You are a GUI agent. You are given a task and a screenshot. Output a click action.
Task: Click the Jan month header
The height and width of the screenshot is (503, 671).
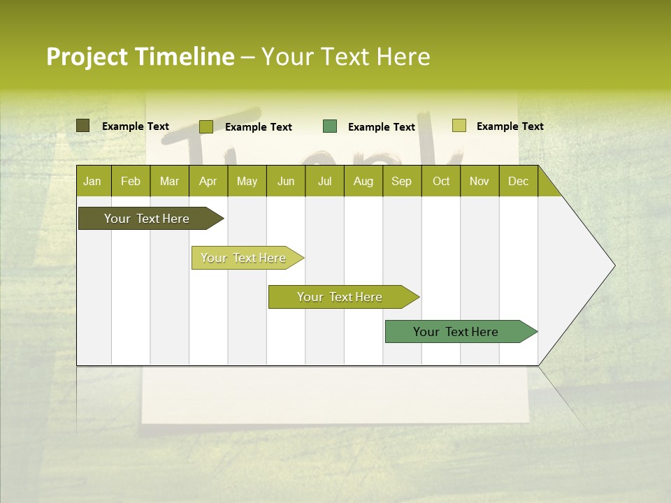click(92, 181)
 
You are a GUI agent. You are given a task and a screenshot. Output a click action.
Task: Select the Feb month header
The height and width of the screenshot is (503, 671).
click(131, 181)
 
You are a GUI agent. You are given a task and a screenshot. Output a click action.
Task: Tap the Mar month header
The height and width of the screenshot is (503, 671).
click(169, 181)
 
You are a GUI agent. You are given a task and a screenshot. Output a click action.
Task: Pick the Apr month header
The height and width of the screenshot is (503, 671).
click(208, 181)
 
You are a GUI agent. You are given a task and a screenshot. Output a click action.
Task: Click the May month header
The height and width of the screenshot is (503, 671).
click(247, 181)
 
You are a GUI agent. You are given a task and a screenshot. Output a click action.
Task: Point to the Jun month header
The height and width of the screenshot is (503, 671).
click(286, 181)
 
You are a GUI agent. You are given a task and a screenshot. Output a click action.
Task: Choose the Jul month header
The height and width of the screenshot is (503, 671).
click(324, 181)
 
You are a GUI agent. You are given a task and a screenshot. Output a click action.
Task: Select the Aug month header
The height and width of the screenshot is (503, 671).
click(363, 181)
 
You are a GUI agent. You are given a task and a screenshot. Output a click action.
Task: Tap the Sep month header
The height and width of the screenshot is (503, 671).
click(401, 181)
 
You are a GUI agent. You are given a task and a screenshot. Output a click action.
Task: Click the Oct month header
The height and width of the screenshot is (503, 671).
click(441, 181)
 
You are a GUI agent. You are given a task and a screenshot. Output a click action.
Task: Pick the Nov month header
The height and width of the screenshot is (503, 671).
click(479, 181)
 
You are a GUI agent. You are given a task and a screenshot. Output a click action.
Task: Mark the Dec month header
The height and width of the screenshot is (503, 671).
click(518, 181)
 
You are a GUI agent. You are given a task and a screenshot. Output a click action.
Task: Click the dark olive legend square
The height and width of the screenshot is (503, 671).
click(82, 126)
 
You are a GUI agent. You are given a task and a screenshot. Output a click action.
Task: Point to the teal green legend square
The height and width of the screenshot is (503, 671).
click(330, 126)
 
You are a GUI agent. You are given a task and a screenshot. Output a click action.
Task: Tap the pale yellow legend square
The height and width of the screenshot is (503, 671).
click(459, 126)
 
